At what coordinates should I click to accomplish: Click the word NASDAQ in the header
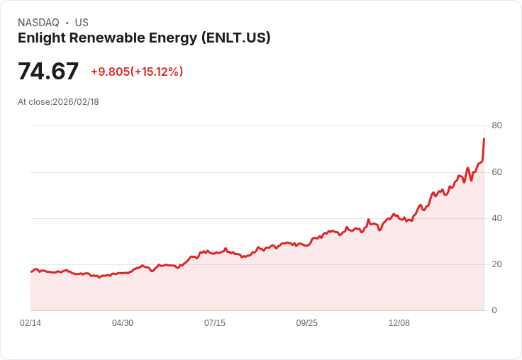(x=38, y=23)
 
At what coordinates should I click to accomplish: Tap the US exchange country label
(x=82, y=23)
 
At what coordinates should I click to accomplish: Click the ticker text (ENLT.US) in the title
(x=235, y=38)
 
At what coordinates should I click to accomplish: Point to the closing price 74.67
(x=48, y=72)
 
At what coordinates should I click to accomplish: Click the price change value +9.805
(x=110, y=72)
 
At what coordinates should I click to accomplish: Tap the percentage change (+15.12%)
(x=157, y=72)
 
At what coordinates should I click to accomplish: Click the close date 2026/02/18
(x=76, y=102)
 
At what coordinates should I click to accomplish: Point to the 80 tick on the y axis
(x=496, y=125)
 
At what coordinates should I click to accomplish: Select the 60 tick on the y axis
(x=496, y=171)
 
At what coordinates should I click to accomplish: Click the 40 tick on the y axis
(x=496, y=218)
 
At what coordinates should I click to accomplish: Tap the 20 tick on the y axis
(x=496, y=264)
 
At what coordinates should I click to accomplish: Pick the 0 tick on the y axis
(x=494, y=310)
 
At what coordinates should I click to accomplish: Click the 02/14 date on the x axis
(x=30, y=323)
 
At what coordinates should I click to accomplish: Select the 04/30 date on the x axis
(x=123, y=323)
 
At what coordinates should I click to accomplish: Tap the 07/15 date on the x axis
(x=215, y=323)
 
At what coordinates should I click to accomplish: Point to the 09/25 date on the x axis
(x=307, y=323)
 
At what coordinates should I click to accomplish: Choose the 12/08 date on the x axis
(x=399, y=323)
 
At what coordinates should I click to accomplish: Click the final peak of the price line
(x=484, y=139)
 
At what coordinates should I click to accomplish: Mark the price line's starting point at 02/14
(x=31, y=271)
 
